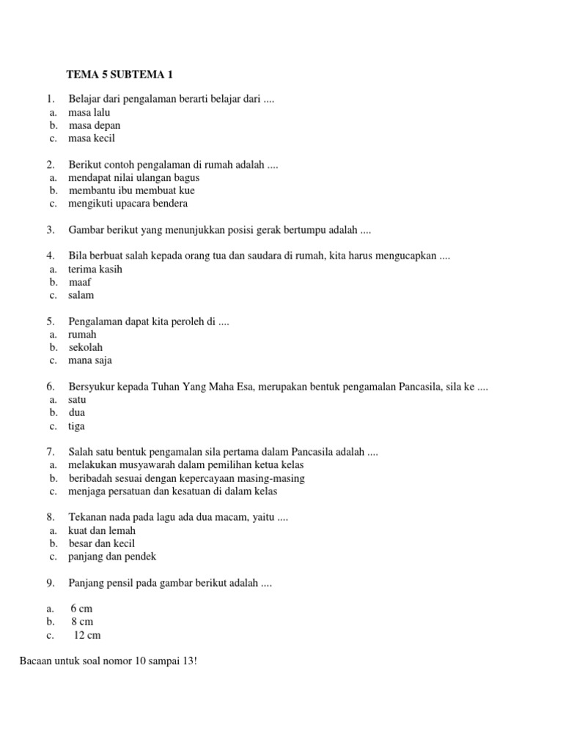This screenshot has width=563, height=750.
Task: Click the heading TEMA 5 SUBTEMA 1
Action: point(120,74)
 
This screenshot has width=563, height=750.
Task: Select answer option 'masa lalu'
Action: point(89,112)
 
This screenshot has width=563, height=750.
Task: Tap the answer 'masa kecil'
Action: point(91,138)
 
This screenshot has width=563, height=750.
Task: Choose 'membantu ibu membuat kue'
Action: point(131,190)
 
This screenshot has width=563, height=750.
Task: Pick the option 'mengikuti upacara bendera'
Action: point(128,203)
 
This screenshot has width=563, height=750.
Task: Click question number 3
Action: point(51,229)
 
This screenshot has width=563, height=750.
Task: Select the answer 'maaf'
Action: point(81,282)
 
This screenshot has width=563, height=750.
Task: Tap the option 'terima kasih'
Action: point(95,269)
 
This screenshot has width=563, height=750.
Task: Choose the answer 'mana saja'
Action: point(90,360)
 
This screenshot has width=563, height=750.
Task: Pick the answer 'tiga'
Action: point(76,426)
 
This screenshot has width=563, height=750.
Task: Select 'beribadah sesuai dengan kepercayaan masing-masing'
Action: point(186,478)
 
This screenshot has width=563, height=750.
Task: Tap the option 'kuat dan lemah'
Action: point(102,530)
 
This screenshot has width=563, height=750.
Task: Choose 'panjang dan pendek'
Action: point(112,557)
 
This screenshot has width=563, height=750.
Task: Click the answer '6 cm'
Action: point(81,609)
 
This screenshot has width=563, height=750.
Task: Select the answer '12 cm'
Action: point(87,635)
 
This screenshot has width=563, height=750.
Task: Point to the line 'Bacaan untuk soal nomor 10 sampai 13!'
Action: point(108,661)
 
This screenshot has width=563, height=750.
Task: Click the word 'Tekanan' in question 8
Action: point(87,517)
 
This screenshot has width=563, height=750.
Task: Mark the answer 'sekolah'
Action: point(86,347)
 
